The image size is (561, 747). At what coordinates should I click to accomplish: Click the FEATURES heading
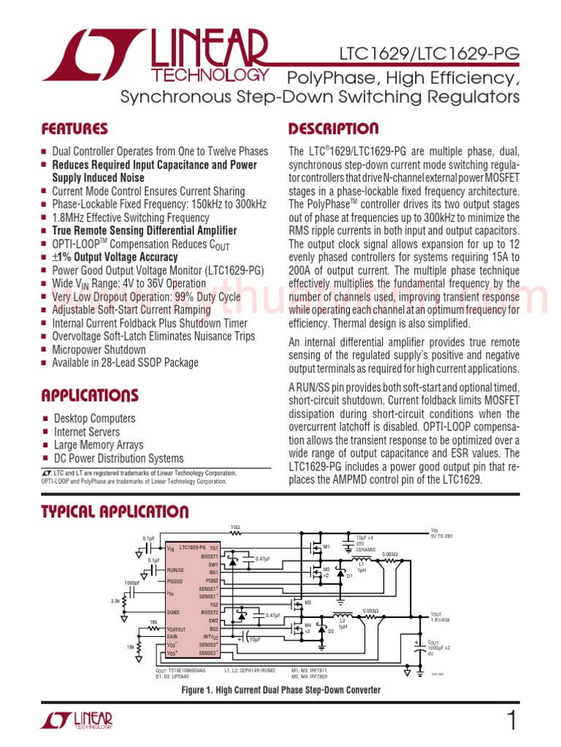click(75, 129)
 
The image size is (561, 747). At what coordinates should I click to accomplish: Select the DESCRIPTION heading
click(334, 129)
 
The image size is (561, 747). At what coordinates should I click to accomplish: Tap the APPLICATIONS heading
click(90, 396)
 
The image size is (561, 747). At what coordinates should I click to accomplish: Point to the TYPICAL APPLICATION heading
click(115, 512)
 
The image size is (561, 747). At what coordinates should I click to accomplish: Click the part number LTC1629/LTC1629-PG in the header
click(429, 54)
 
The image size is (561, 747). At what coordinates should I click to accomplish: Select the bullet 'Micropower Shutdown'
click(99, 349)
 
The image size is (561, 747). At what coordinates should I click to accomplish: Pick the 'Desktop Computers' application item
click(94, 419)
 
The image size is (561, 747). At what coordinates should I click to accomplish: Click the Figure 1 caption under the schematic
click(280, 689)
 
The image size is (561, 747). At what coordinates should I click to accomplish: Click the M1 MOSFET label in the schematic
click(327, 546)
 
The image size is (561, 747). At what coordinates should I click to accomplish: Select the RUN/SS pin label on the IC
click(175, 570)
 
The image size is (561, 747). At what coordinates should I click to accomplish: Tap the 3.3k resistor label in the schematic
click(115, 601)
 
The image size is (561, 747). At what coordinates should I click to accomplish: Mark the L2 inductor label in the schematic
click(342, 622)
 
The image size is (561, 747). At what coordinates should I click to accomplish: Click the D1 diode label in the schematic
click(349, 576)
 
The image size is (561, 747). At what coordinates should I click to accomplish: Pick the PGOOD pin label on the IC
click(174, 581)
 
